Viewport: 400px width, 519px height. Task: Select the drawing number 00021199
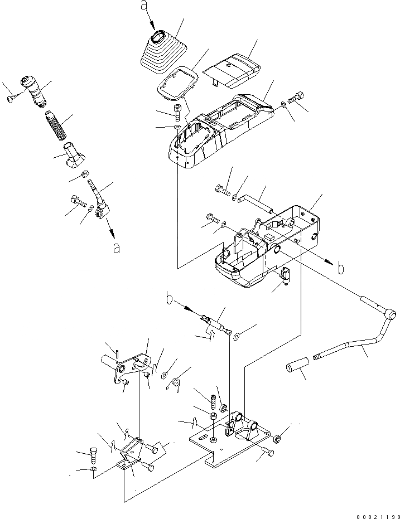point(375,512)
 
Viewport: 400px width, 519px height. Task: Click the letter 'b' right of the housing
point(340,268)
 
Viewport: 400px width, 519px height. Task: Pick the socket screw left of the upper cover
point(177,111)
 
